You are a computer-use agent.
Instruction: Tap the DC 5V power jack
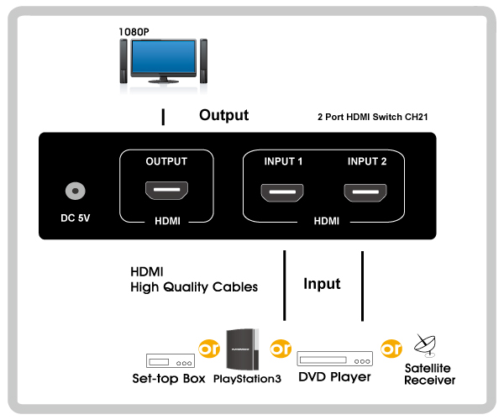(x=76, y=192)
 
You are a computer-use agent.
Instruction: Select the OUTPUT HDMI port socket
(x=165, y=192)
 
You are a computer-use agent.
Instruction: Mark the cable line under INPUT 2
(x=362, y=286)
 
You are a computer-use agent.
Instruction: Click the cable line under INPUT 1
(x=286, y=286)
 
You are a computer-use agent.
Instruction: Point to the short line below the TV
(x=164, y=117)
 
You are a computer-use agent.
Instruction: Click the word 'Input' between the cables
(x=322, y=284)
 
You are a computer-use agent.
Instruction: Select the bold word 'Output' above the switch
(x=223, y=115)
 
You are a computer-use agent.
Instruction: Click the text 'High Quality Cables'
(x=194, y=287)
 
